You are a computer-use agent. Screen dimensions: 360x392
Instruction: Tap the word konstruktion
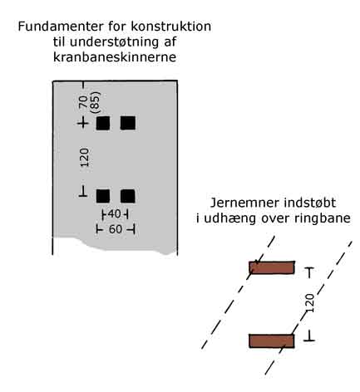[x=170, y=27]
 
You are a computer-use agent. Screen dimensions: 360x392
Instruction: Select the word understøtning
[x=114, y=42]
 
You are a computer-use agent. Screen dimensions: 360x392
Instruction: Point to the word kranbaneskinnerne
[x=115, y=57]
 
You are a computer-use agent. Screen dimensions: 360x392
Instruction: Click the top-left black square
[x=103, y=123]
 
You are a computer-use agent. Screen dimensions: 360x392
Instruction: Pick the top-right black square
[x=128, y=123]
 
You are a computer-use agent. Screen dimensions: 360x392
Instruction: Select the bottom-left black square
[x=103, y=196]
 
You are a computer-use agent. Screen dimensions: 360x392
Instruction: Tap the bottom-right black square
[x=128, y=196]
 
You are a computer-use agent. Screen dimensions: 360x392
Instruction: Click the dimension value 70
[x=83, y=102]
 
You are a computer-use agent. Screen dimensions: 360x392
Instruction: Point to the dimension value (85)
[x=96, y=102]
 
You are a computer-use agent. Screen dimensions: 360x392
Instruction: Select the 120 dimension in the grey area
[x=85, y=158]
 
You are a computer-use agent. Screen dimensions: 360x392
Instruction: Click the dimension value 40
[x=115, y=214]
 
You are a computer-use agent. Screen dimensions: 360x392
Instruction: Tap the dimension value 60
[x=116, y=229]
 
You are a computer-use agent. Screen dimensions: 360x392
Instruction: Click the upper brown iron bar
[x=272, y=267]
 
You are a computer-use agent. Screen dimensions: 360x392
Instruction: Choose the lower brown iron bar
[x=272, y=341]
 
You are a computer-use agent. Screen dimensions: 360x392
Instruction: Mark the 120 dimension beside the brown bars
[x=310, y=303]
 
